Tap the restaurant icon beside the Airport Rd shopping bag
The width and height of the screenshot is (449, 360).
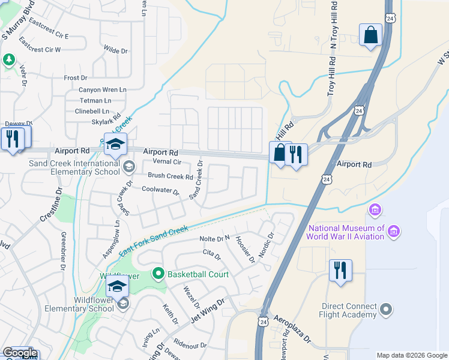click(296, 155)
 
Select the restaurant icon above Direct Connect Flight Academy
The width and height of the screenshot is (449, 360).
click(340, 270)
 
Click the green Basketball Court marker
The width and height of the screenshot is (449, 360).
click(158, 274)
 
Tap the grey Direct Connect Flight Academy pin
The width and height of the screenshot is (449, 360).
click(386, 310)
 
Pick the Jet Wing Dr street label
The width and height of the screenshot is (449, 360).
click(207, 311)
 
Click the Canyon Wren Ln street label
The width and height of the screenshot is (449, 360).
click(103, 89)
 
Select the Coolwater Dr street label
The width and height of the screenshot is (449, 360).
click(160, 190)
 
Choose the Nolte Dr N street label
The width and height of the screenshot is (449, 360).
click(214, 239)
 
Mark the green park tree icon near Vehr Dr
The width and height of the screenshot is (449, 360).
click(8, 59)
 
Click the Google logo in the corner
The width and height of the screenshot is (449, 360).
click(19, 353)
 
